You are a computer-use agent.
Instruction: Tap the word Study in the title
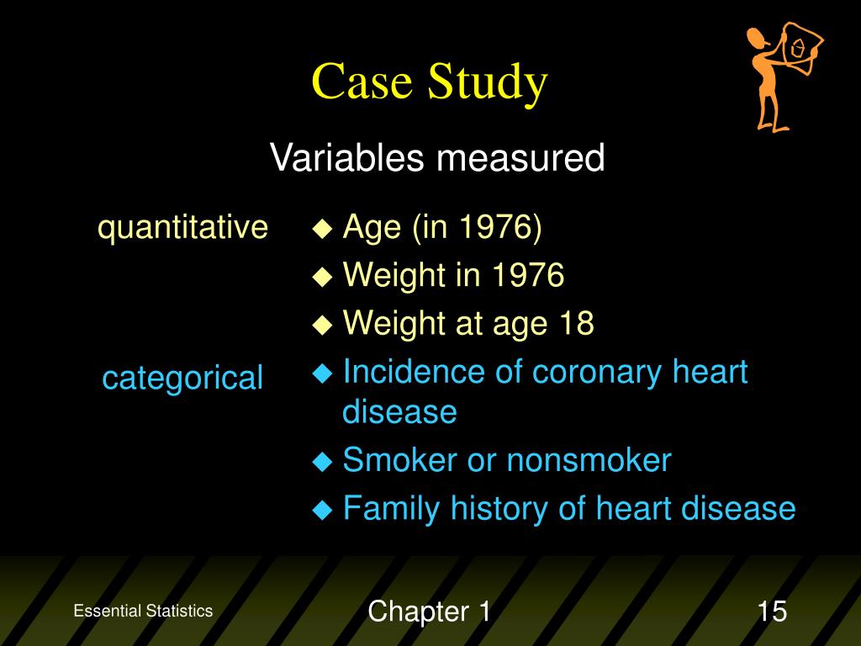[488, 83]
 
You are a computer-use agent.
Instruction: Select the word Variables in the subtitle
[347, 157]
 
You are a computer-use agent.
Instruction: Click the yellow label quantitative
[182, 227]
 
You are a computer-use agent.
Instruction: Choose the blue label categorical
[182, 379]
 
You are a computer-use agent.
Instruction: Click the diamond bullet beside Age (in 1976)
[322, 228]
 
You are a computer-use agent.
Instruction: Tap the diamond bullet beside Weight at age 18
[322, 324]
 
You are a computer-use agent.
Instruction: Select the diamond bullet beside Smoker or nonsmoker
[322, 461]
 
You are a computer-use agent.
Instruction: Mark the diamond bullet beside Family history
[322, 509]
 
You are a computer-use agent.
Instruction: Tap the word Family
[391, 509]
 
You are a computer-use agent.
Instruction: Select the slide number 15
[772, 611]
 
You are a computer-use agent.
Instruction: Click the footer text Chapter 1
[429, 611]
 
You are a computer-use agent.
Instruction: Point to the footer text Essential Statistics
[143, 611]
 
